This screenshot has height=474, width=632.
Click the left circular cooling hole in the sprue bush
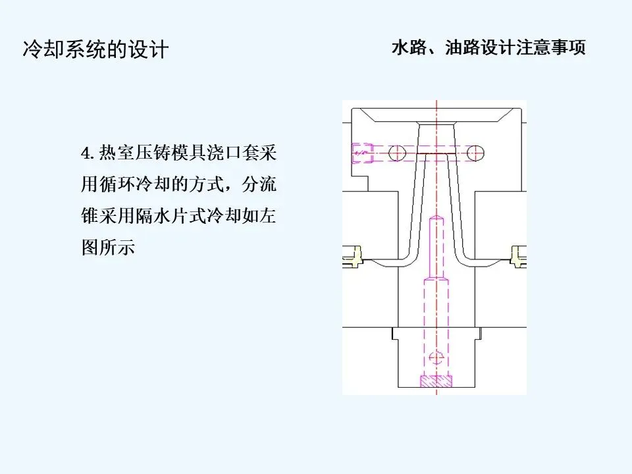397,153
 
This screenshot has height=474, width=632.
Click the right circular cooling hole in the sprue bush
476,153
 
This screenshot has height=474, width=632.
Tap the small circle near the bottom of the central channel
435,358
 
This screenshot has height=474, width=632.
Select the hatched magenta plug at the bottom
436,381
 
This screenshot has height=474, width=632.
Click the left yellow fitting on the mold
357,255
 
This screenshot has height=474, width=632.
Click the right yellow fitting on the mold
517,255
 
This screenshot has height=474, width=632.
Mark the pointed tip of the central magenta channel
435,218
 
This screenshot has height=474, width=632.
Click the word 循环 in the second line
116,186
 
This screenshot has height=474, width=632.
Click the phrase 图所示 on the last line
107,248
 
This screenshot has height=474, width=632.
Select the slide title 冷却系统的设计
95,49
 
